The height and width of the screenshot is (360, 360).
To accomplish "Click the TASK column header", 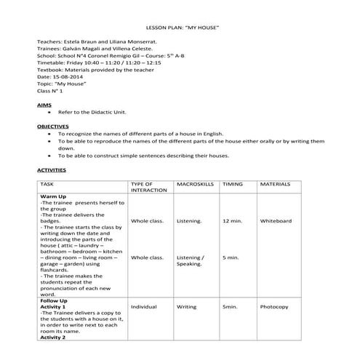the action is pyautogui.click(x=47, y=185).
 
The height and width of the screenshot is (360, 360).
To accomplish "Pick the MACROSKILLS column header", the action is pyautogui.click(x=195, y=185).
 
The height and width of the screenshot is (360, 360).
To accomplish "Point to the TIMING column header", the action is pyautogui.click(x=233, y=185).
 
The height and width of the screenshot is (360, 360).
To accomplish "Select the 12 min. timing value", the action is pyautogui.click(x=231, y=220).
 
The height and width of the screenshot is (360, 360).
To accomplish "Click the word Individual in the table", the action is pyautogui.click(x=144, y=307).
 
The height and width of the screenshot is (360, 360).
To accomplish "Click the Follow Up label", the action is pyautogui.click(x=54, y=300).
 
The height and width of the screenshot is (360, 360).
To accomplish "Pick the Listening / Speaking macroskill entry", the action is pyautogui.click(x=191, y=260).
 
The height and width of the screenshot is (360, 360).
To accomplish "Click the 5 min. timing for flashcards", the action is pyautogui.click(x=230, y=257).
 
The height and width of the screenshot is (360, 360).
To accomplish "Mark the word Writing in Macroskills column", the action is pyautogui.click(x=186, y=307).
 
